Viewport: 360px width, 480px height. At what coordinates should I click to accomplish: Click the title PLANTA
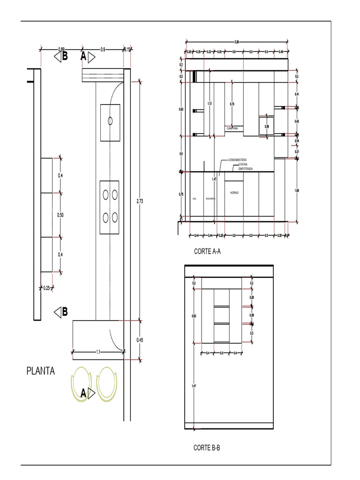click(x=40, y=371)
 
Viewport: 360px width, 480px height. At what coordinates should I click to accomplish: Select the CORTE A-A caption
click(x=207, y=251)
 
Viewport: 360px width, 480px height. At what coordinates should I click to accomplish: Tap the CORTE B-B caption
click(x=207, y=448)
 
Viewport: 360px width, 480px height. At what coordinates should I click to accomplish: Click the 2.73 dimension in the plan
click(x=140, y=201)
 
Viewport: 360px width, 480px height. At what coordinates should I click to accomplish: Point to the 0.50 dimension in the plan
click(x=60, y=215)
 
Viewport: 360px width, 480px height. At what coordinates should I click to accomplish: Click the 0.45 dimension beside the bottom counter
click(x=140, y=341)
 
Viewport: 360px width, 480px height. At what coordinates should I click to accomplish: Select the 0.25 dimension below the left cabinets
click(x=46, y=288)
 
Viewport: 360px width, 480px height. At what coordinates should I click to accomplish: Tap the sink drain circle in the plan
click(x=110, y=121)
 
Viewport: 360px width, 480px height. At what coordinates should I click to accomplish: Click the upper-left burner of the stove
click(x=105, y=193)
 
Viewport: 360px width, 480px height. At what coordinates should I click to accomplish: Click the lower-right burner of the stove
click(x=115, y=217)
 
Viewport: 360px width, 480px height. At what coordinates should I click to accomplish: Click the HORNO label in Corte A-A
click(x=234, y=193)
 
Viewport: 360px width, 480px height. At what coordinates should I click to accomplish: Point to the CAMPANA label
click(x=232, y=128)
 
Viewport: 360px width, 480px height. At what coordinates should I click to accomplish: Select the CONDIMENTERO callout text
click(x=240, y=160)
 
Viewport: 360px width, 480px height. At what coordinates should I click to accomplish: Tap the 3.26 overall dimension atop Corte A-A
click(x=237, y=42)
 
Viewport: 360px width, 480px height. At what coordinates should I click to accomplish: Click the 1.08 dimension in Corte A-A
click(x=296, y=190)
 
